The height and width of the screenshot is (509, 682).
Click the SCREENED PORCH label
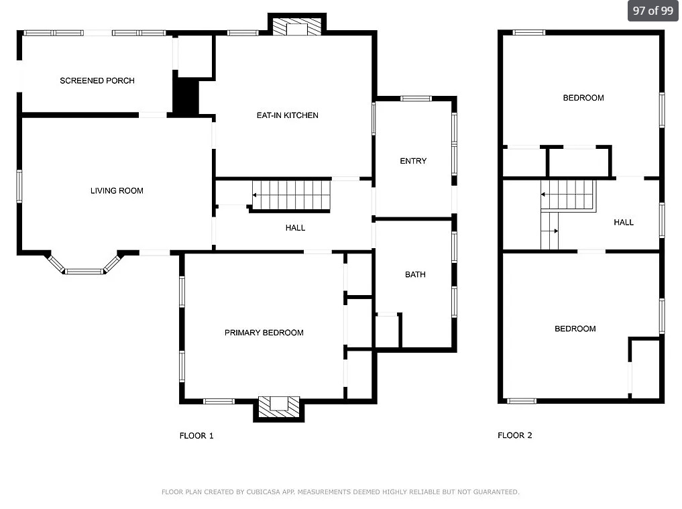click(x=97, y=80)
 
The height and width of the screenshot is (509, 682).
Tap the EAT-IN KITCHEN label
click(x=288, y=115)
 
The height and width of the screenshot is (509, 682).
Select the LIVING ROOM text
click(x=117, y=190)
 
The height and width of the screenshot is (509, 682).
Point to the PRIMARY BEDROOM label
click(x=264, y=333)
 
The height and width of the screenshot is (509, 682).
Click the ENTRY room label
click(x=413, y=161)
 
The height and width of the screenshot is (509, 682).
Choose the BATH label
click(x=415, y=274)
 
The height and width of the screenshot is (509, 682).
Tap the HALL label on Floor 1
click(x=295, y=227)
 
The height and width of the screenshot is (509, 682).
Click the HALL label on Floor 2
click(x=624, y=222)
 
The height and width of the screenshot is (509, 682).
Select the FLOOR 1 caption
click(x=196, y=435)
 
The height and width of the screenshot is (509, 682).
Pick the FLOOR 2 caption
click(x=515, y=435)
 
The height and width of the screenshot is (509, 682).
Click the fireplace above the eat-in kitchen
click(x=296, y=25)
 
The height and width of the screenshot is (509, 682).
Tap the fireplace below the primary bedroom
click(x=279, y=407)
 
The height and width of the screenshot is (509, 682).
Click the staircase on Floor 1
click(x=291, y=195)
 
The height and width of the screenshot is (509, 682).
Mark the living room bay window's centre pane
click(x=84, y=272)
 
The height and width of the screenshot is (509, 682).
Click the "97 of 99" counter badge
click(x=653, y=11)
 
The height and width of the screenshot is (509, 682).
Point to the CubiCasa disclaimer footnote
click(x=341, y=492)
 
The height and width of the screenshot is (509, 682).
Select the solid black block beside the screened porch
click(x=186, y=97)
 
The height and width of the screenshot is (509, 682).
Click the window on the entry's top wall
click(x=416, y=99)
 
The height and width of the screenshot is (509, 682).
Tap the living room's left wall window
click(x=19, y=186)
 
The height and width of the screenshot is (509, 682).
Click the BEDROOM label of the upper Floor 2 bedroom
click(x=583, y=98)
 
